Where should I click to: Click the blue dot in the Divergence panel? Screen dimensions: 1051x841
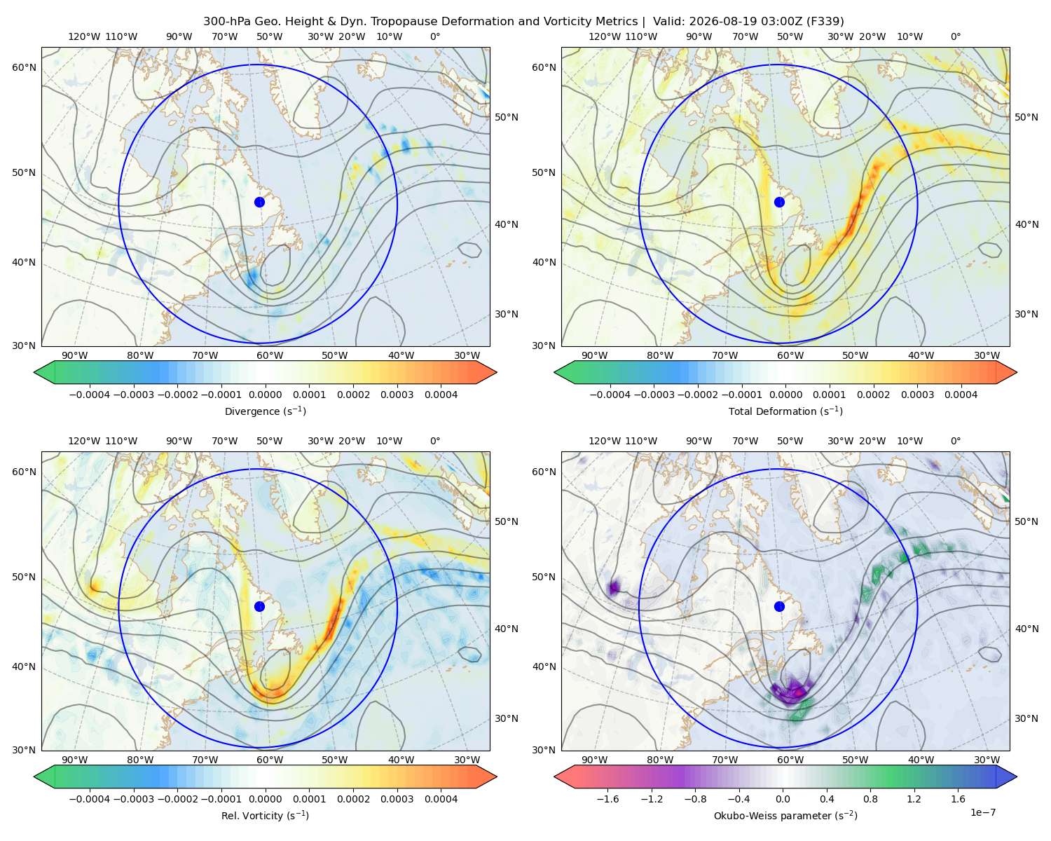(259, 202)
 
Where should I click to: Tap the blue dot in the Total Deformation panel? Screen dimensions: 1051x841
(779, 202)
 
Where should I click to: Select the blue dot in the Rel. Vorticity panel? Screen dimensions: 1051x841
(259, 606)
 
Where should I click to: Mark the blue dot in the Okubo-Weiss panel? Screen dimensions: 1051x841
(779, 606)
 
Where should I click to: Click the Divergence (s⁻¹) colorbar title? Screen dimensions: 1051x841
(265, 411)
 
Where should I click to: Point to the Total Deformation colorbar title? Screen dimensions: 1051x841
(785, 411)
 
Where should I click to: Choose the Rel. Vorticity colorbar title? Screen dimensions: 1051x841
(265, 815)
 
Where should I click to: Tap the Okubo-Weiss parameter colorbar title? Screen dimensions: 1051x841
(785, 815)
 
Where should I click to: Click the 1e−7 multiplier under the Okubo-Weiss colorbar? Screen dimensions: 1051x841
(982, 812)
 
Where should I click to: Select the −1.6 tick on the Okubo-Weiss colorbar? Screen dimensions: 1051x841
(607, 798)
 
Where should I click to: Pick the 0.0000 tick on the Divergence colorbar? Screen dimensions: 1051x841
(265, 395)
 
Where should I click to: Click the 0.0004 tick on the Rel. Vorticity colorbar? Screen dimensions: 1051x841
(441, 798)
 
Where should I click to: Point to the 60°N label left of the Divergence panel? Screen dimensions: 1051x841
(24, 67)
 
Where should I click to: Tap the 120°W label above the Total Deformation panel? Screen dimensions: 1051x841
(604, 36)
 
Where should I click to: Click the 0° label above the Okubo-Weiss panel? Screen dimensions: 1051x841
(955, 441)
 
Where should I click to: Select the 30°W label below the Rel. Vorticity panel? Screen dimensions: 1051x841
(467, 760)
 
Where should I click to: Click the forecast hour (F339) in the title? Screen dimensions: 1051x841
(825, 22)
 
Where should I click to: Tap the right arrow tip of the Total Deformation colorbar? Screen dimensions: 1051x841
(1017, 372)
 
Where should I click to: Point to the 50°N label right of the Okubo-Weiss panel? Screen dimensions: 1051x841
(1026, 521)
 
